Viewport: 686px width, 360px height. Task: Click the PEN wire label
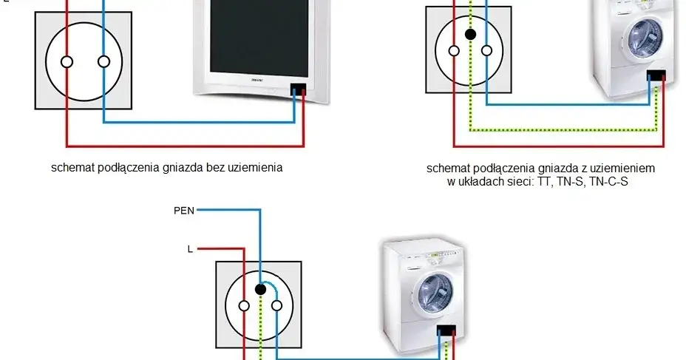184,211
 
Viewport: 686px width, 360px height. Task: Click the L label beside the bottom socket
190,248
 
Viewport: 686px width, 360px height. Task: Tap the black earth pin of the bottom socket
260,289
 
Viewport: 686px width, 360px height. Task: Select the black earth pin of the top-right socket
469,34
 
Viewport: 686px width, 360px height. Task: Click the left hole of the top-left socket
67,61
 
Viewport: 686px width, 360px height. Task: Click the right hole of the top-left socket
103,61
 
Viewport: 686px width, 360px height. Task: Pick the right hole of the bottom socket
277,305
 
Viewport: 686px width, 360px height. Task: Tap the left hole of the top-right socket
452,50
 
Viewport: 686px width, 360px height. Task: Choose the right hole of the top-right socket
486,50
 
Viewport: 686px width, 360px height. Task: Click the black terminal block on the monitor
299,89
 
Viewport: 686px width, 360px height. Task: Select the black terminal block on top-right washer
656,75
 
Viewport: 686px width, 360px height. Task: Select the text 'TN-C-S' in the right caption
608,181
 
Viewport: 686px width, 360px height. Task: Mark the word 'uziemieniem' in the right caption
624,169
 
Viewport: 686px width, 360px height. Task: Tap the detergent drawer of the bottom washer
403,259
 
